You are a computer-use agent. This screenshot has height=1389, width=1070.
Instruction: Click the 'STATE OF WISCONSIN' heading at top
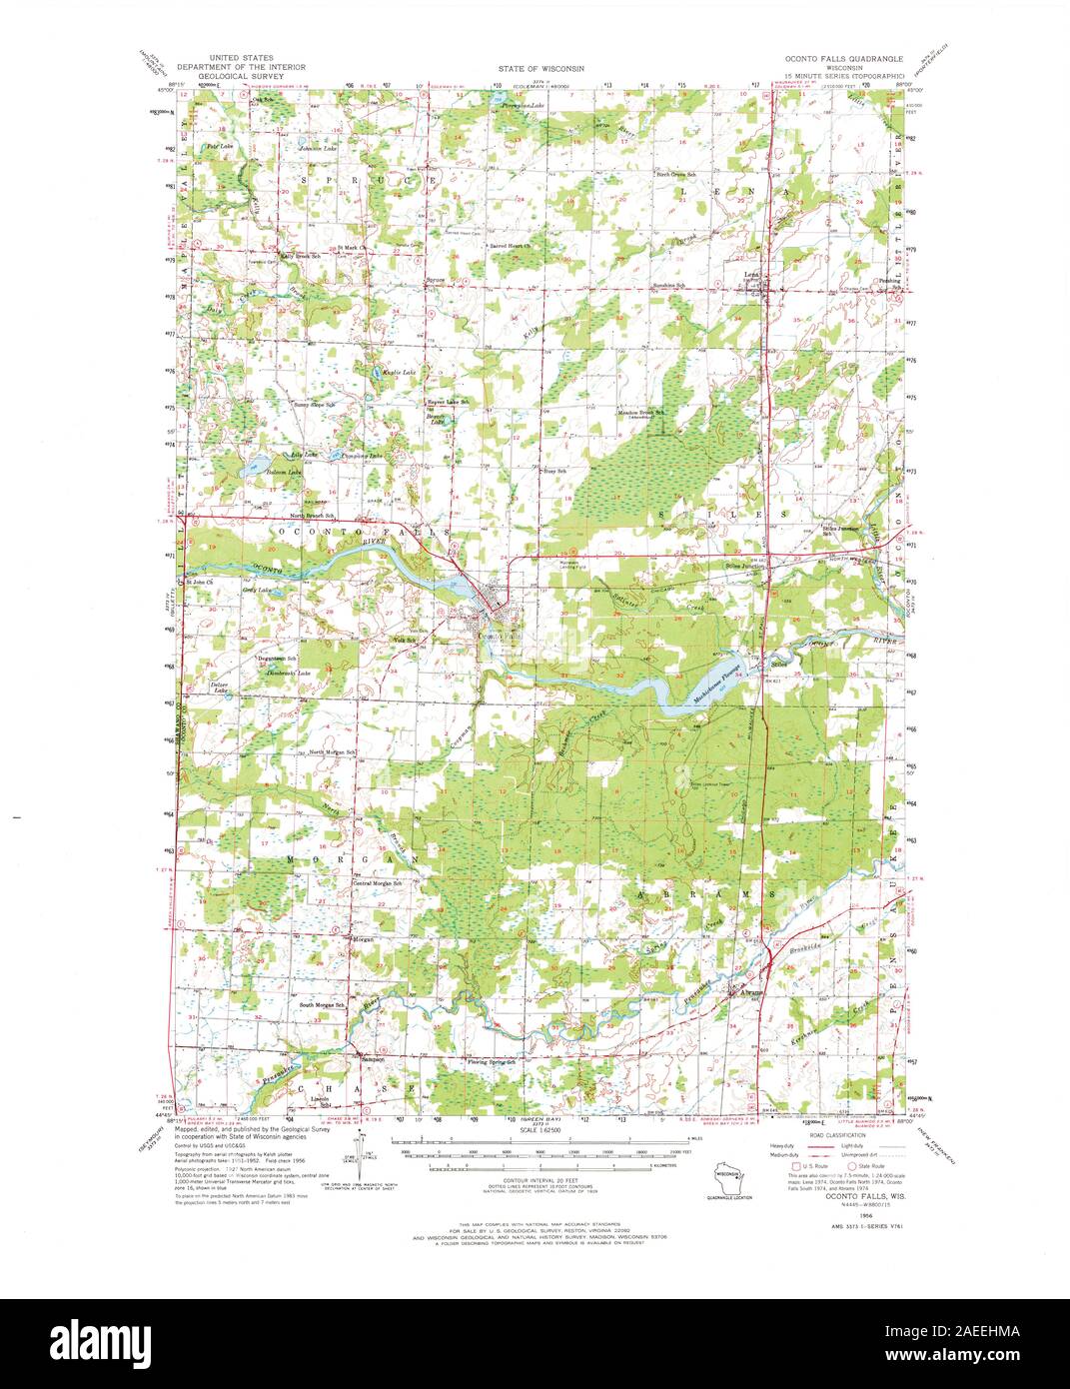[540, 69]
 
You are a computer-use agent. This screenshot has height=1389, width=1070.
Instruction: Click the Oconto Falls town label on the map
[499, 636]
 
